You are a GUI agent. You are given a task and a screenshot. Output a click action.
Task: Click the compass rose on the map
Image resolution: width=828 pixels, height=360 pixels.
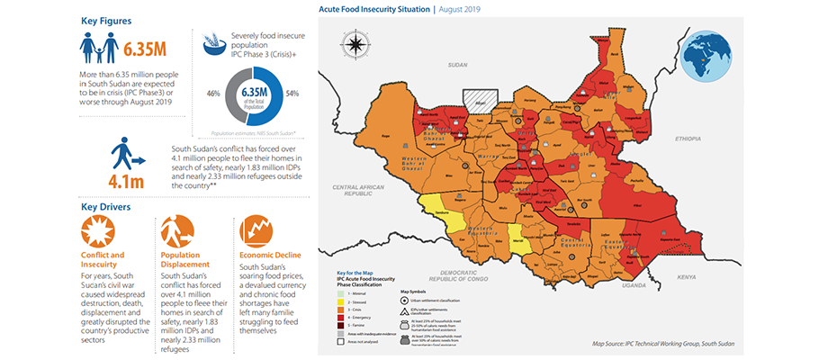pyautogui.click(x=355, y=42)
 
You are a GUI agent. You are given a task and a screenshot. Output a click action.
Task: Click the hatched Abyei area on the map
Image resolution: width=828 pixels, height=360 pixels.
pyautogui.click(x=478, y=99)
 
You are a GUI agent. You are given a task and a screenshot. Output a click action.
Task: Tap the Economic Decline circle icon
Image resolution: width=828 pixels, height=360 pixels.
pyautogui.click(x=255, y=231)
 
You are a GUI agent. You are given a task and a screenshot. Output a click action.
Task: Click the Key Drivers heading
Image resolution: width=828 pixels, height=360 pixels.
pyautogui.click(x=105, y=206)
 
